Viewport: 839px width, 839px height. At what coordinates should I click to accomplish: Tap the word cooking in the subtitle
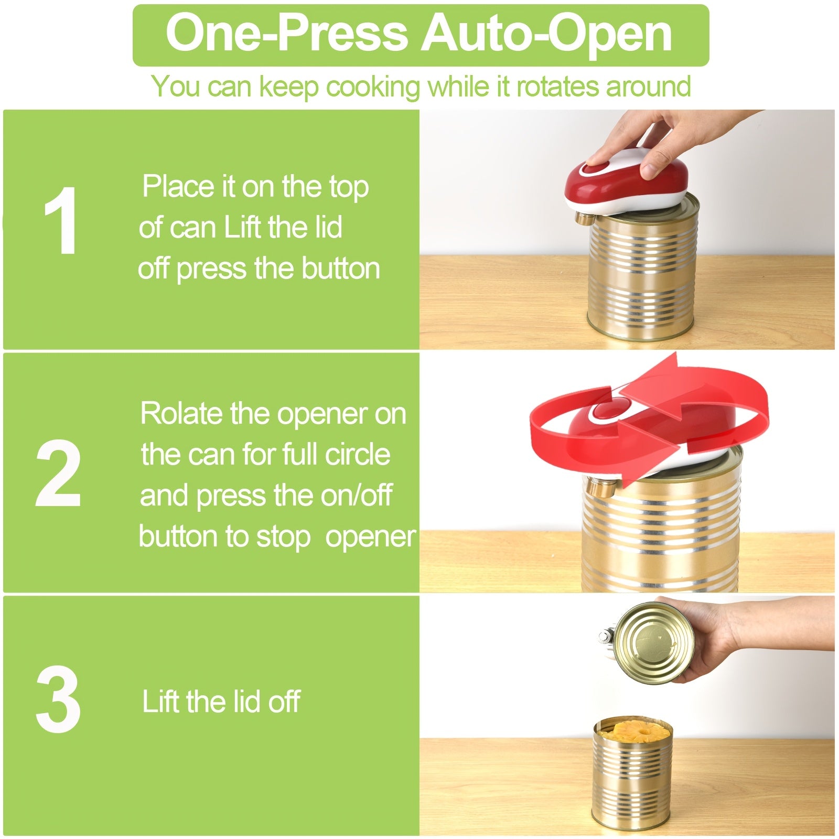(x=373, y=87)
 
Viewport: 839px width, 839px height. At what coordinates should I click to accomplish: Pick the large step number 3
(x=59, y=701)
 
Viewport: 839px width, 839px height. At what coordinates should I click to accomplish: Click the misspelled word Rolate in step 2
(x=181, y=414)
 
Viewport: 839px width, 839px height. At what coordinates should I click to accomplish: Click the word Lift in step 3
(x=160, y=702)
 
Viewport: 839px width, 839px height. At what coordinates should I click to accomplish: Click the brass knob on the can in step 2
(x=597, y=488)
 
